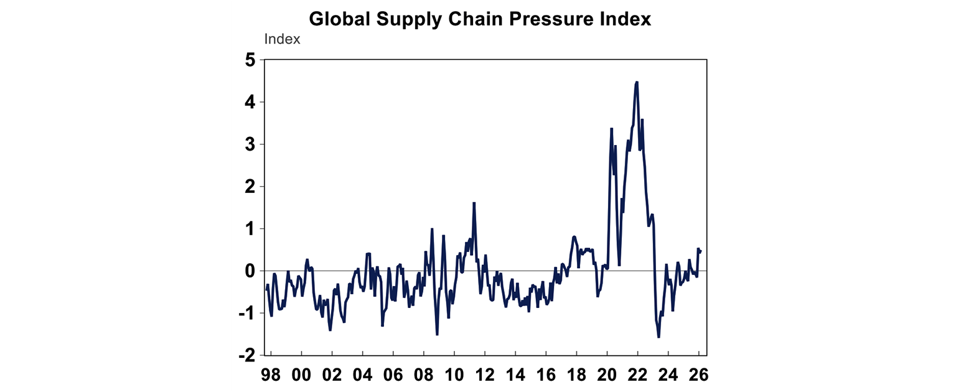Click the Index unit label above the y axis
282,39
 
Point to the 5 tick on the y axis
250,60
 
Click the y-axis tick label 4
250,102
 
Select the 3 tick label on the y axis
250,144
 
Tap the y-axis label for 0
250,271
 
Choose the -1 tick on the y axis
246,313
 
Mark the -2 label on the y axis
246,355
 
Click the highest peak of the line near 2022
637,82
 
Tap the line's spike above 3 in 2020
611,129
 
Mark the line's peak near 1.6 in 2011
474,203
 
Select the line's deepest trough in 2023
658,337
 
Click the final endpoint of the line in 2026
701,251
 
